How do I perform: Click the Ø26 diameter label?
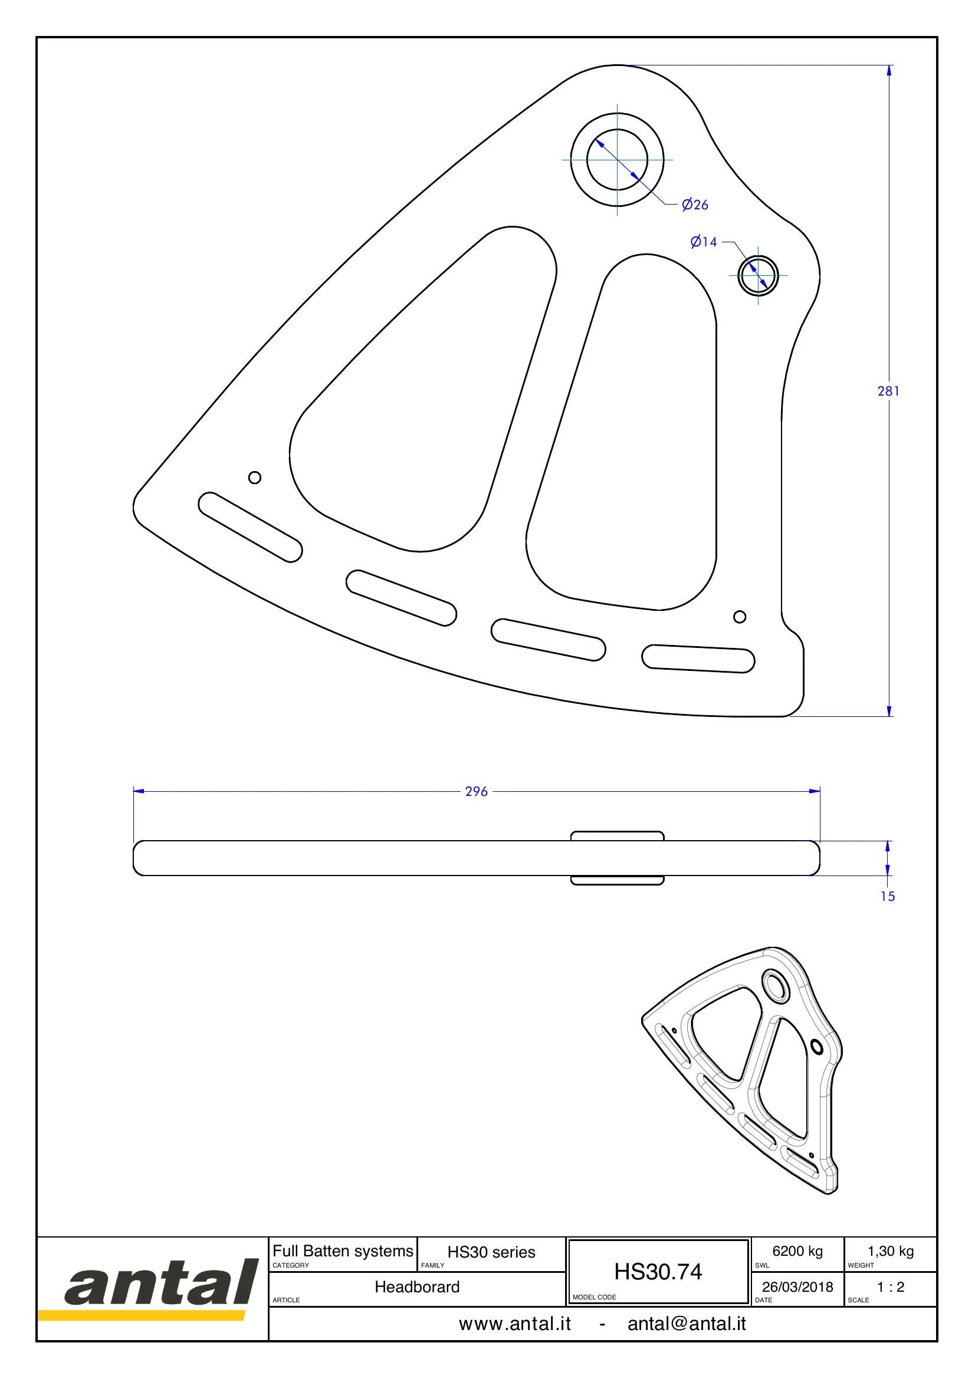(x=695, y=205)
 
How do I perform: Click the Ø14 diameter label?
(x=704, y=242)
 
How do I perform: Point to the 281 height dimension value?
(x=888, y=391)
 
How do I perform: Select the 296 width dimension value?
(x=477, y=792)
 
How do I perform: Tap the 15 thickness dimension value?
(x=887, y=897)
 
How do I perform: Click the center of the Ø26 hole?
(x=618, y=159)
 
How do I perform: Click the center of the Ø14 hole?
(x=758, y=276)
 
